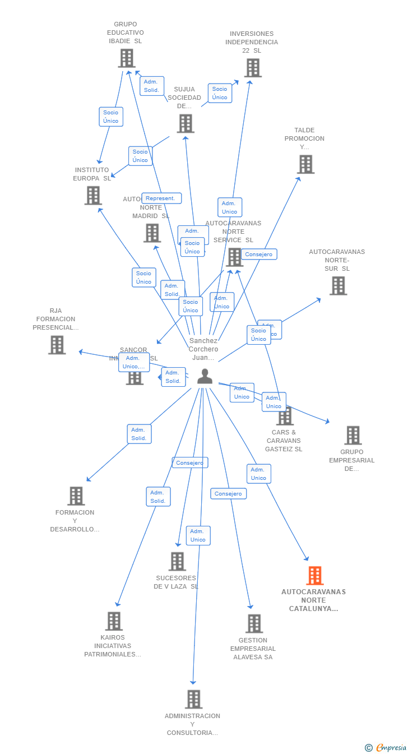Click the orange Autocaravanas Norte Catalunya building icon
point(315,576)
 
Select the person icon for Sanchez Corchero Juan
point(205,376)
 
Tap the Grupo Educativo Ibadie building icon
point(127,58)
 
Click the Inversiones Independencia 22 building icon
point(253,68)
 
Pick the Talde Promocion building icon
point(305,164)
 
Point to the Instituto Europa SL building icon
point(93,195)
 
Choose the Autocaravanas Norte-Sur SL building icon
point(338,285)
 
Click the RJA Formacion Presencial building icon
point(57,345)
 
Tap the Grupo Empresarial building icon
point(353,435)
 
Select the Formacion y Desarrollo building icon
point(76,496)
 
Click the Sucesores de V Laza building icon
point(177,561)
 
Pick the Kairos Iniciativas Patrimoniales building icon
point(114,621)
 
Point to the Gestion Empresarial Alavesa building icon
point(254,623)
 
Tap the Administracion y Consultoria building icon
point(193,699)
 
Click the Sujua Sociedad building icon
point(186,123)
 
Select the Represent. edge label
point(161,198)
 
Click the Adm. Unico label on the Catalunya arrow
point(258,474)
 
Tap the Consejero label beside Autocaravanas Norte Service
point(259,255)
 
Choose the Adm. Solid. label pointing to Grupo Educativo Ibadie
point(151,86)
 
